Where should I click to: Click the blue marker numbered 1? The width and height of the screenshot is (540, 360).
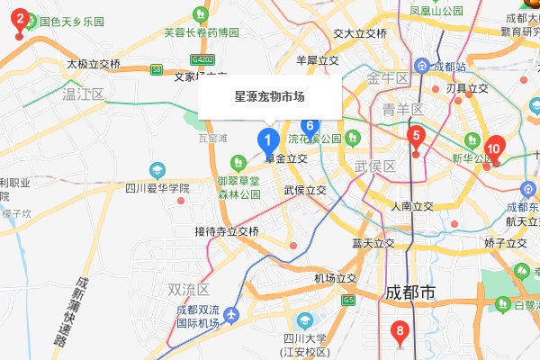pos(267,141)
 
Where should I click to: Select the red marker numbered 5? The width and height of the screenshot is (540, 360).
pos(415,138)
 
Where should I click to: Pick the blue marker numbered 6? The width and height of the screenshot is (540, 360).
pos(310,128)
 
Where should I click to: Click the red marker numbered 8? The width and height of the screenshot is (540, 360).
pos(401,331)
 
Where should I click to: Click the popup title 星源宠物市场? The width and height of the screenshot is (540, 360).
pos(269,95)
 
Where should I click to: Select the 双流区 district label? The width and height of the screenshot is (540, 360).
pos(188,290)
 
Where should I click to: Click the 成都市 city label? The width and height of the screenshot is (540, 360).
pos(409,292)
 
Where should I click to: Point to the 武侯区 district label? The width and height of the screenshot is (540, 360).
pos(375,166)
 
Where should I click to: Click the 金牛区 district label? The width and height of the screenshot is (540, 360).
pos(389,78)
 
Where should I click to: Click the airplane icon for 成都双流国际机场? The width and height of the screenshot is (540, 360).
pos(232,315)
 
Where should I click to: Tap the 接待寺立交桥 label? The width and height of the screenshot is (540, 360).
pos(226,231)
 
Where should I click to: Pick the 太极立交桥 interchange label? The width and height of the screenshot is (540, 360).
pos(94,64)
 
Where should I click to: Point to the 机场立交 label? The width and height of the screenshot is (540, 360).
pos(336,278)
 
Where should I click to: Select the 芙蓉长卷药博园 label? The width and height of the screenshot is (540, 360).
pos(202,32)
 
